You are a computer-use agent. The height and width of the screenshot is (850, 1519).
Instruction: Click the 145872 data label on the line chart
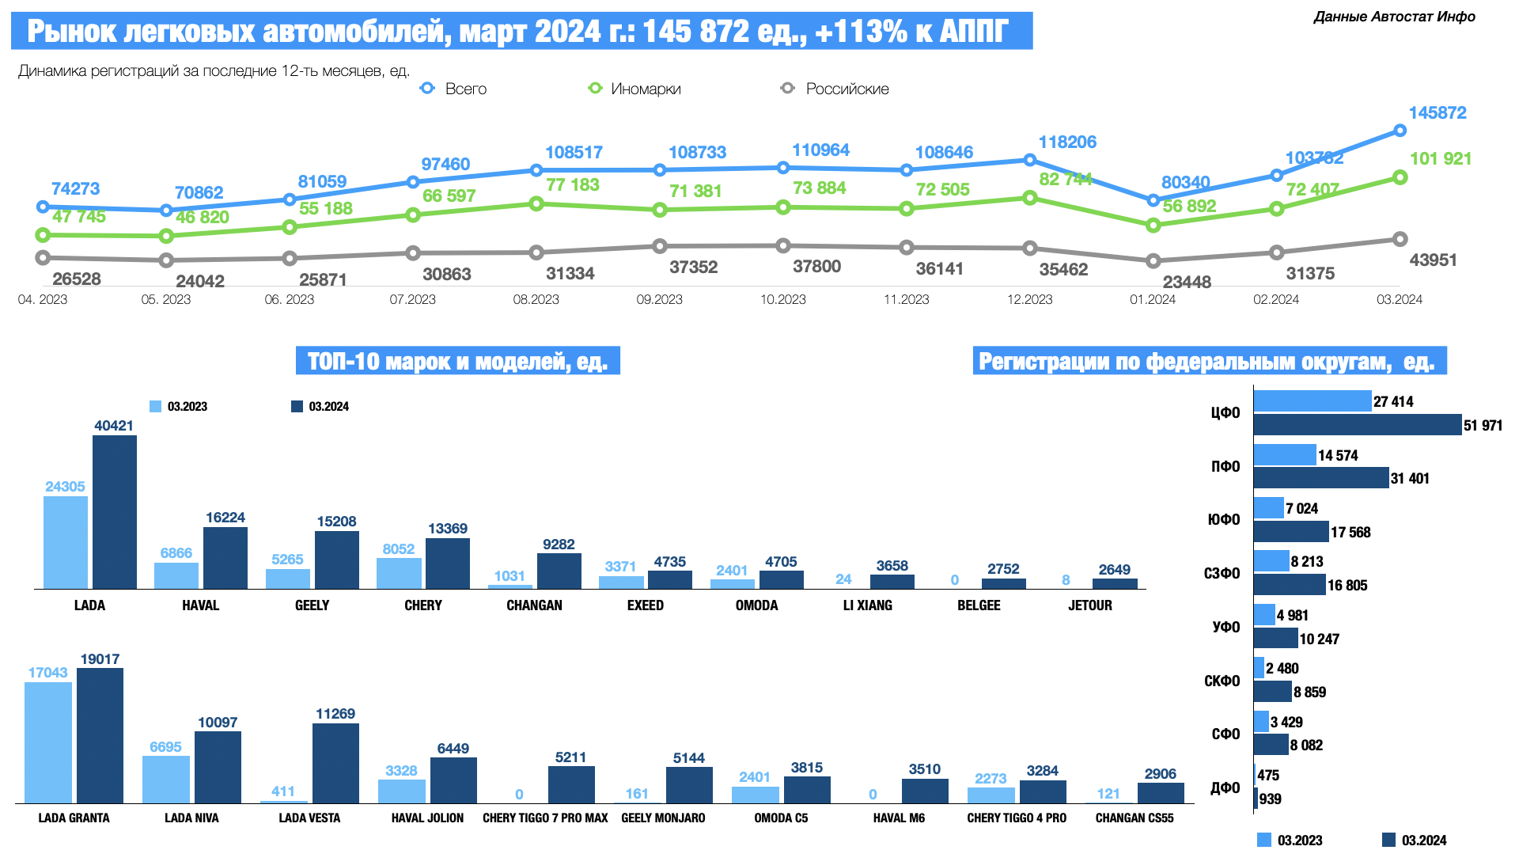pos(1437,113)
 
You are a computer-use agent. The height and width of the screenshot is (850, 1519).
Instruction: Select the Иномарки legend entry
pos(634,89)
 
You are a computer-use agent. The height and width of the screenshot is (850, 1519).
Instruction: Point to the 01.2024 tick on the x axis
pos(1153,299)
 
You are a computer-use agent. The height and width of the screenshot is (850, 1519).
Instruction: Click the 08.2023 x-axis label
pos(536,299)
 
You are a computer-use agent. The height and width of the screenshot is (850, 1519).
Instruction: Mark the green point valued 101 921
pos(1400,177)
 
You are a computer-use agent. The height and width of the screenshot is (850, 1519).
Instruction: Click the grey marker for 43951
pos(1400,239)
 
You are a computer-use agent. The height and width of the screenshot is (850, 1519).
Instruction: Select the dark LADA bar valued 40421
pos(115,512)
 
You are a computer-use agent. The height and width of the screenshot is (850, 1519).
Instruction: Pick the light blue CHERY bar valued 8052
pos(399,573)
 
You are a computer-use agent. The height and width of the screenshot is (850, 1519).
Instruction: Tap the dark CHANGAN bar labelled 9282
pos(559,571)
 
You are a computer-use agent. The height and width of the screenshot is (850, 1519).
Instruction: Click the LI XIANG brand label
pos(867,605)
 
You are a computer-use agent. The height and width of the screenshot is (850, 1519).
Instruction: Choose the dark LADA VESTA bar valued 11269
pos(335,763)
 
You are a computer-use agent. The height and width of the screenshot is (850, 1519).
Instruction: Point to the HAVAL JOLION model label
pos(427,818)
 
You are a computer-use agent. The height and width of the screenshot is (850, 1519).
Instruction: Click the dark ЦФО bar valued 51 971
pos(1357,425)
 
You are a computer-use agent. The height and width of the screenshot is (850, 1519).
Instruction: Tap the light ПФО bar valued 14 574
pos(1284,454)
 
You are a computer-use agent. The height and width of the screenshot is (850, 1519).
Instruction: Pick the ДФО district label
pos(1225,787)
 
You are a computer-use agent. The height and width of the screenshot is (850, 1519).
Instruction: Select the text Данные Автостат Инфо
pos(1394,17)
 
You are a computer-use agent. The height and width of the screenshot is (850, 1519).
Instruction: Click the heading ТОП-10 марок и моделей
pos(457,361)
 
